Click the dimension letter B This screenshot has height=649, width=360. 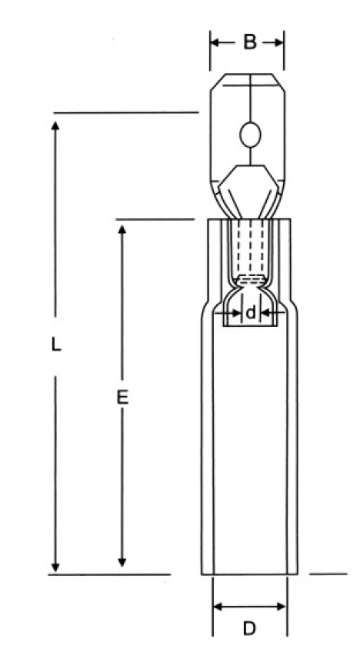pyautogui.click(x=250, y=42)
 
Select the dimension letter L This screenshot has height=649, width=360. pyautogui.click(x=56, y=344)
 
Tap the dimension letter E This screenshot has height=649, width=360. pyautogui.click(x=122, y=398)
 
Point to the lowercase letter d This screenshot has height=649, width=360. pyautogui.click(x=251, y=313)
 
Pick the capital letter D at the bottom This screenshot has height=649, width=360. pyautogui.click(x=249, y=629)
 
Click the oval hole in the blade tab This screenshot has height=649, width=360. pyautogui.click(x=251, y=135)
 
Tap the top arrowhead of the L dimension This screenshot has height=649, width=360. pyautogui.click(x=55, y=125)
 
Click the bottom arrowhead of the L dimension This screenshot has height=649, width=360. pyautogui.click(x=55, y=567)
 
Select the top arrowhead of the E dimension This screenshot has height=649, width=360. pyautogui.click(x=122, y=229)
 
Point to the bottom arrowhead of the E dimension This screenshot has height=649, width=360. pyautogui.click(x=122, y=562)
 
